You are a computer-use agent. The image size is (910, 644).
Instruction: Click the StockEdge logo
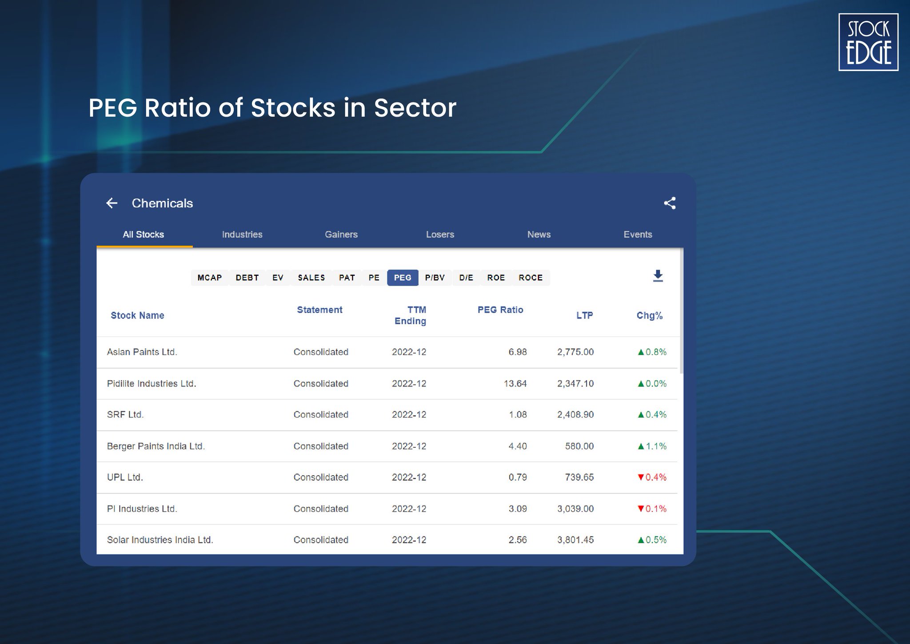click(868, 42)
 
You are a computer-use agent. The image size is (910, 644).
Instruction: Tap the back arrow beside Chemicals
click(112, 203)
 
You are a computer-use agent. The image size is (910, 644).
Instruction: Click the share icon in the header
click(670, 203)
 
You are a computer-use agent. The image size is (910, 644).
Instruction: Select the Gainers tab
click(341, 235)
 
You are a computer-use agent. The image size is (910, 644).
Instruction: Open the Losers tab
click(440, 235)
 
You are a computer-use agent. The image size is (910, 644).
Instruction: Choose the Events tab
click(637, 235)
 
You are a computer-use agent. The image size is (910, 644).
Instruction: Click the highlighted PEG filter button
click(403, 278)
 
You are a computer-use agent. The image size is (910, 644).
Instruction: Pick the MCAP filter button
click(209, 278)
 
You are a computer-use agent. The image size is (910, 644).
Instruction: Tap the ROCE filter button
click(531, 278)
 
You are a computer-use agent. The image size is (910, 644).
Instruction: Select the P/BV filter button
click(435, 278)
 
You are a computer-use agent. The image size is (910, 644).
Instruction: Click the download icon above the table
click(658, 276)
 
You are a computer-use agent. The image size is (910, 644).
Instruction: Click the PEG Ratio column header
click(500, 310)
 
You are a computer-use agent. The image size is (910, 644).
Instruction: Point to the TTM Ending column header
click(410, 315)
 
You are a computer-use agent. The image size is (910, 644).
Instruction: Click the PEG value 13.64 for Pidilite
click(515, 383)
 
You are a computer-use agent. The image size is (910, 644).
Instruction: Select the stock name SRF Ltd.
click(125, 414)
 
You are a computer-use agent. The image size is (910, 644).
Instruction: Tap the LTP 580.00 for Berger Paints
click(579, 446)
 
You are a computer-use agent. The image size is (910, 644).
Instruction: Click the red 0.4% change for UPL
click(652, 477)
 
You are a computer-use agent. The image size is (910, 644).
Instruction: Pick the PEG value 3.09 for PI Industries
click(518, 509)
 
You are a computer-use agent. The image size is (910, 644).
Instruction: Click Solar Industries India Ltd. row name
click(160, 540)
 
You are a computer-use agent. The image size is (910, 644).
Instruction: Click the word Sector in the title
click(415, 108)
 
